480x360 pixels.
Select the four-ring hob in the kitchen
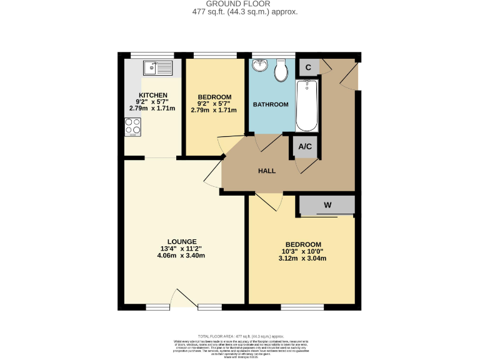(x=132, y=127)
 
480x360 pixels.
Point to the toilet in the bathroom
(x=281, y=69)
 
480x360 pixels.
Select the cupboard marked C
(x=307, y=66)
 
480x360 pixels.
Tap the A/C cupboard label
(x=305, y=147)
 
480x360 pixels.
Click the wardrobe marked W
(x=327, y=205)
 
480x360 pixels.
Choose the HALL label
(x=267, y=171)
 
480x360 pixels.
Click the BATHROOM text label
(x=271, y=104)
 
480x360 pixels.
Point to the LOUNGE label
(x=182, y=241)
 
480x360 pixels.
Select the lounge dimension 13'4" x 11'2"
(x=182, y=248)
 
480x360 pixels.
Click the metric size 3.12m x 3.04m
(x=303, y=258)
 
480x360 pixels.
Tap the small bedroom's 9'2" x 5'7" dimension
(x=214, y=104)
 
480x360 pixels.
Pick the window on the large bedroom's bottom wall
(x=302, y=307)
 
